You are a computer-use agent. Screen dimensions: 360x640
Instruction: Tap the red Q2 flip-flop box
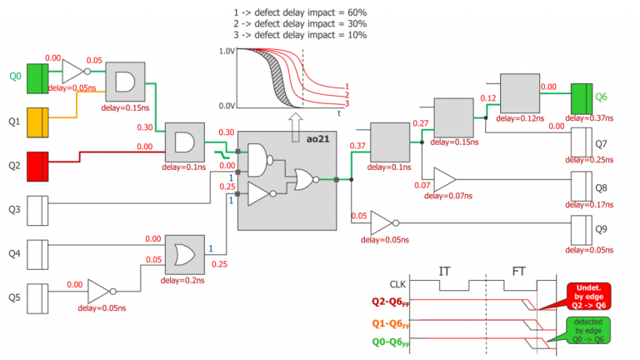pos(39,166)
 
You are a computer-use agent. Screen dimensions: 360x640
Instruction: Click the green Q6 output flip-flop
pos(581,97)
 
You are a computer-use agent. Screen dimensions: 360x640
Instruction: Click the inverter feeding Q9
pos(382,222)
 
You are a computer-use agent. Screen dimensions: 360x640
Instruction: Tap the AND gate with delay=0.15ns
pos(125,81)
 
